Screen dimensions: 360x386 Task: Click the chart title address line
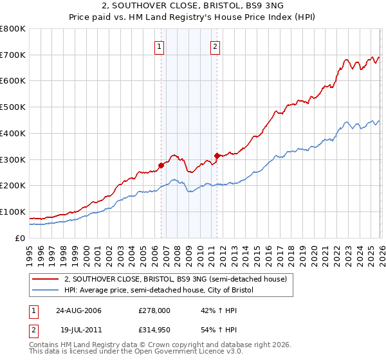[192, 6]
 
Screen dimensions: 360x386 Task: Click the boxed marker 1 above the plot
[159, 46]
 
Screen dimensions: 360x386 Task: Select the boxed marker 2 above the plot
[215, 46]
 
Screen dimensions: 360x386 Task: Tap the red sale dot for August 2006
[161, 165]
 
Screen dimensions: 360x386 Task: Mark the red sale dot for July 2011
[217, 156]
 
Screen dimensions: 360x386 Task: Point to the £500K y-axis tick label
[13, 107]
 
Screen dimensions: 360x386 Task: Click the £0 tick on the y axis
[21, 238]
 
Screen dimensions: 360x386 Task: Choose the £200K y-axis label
[13, 186]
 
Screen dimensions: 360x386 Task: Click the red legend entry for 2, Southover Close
[179, 279]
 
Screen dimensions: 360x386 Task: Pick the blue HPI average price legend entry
[159, 290]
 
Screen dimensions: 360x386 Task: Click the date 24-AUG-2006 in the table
[78, 310]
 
